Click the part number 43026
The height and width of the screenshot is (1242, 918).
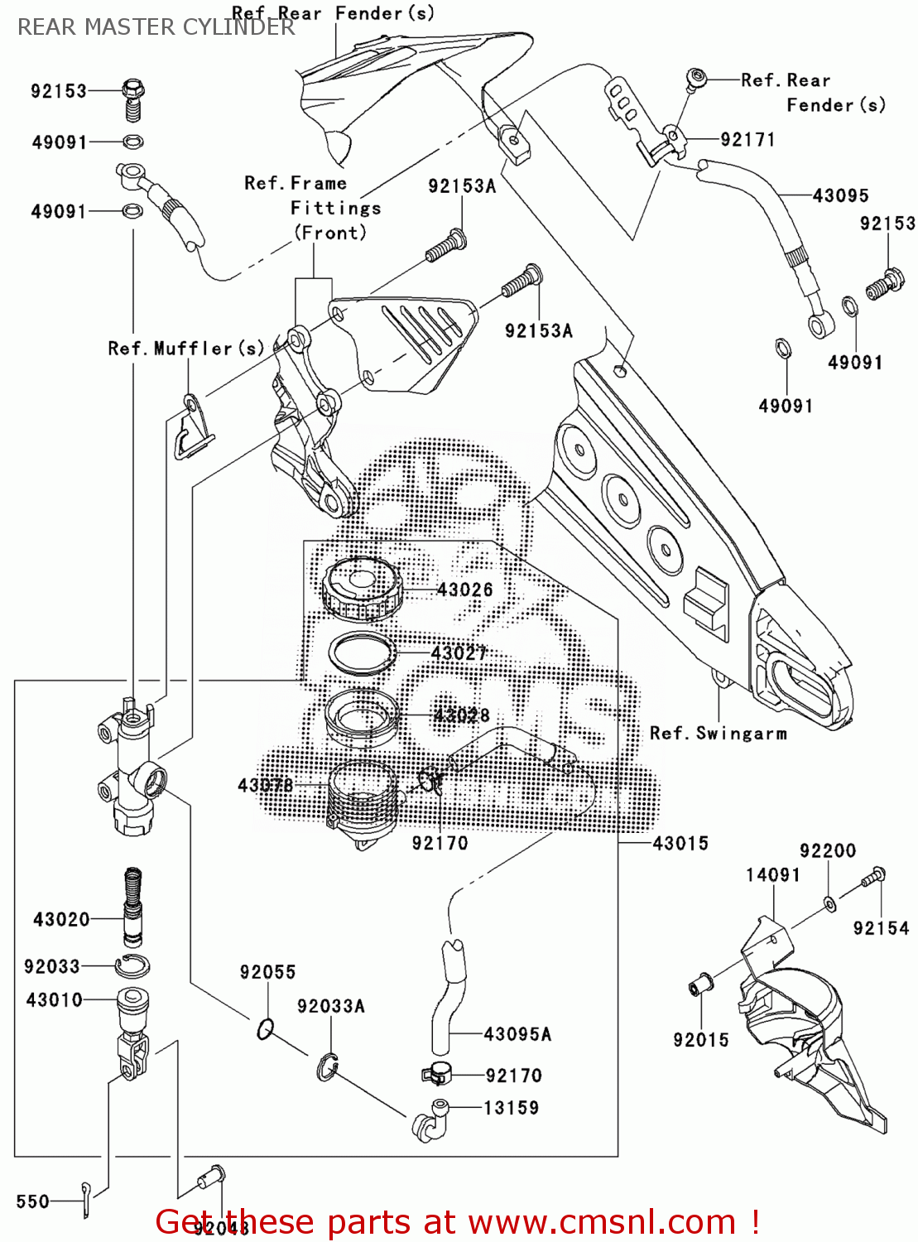coord(464,590)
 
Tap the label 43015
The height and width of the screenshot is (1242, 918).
coord(680,843)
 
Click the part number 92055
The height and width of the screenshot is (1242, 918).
coord(267,972)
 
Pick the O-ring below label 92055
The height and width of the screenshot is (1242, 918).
coord(265,1029)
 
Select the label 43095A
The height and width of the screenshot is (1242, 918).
coord(517,1034)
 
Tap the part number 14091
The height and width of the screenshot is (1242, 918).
coord(772,875)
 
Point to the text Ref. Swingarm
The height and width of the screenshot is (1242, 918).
coord(718,734)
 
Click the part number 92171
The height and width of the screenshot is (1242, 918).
coord(747,139)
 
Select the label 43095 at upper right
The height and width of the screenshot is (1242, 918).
coord(840,195)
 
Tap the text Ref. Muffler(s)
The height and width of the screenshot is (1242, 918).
coord(185,349)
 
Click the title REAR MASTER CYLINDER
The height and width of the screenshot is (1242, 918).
coord(156,27)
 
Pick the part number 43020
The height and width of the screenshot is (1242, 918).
coord(61,919)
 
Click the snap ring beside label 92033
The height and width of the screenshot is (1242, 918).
coord(132,965)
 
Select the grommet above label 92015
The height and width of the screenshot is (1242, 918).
coord(698,986)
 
